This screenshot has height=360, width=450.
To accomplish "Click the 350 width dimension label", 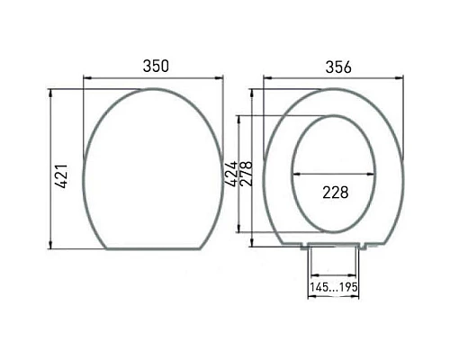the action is click(156, 66).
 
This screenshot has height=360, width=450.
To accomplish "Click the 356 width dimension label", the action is click(338, 67).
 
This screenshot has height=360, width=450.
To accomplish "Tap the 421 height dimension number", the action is click(62, 175).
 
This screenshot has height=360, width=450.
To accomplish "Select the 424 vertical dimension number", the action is click(231, 174).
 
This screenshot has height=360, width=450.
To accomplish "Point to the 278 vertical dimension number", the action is click(246, 174).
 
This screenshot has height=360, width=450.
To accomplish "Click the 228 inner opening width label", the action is click(336, 193).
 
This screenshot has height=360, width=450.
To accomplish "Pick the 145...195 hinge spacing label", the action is click(334, 287).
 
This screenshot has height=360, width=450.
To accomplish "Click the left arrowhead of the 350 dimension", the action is click(87, 78).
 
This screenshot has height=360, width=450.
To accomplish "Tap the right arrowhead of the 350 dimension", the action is click(220, 78).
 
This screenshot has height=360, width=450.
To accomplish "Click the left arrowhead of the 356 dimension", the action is click(267, 78).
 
